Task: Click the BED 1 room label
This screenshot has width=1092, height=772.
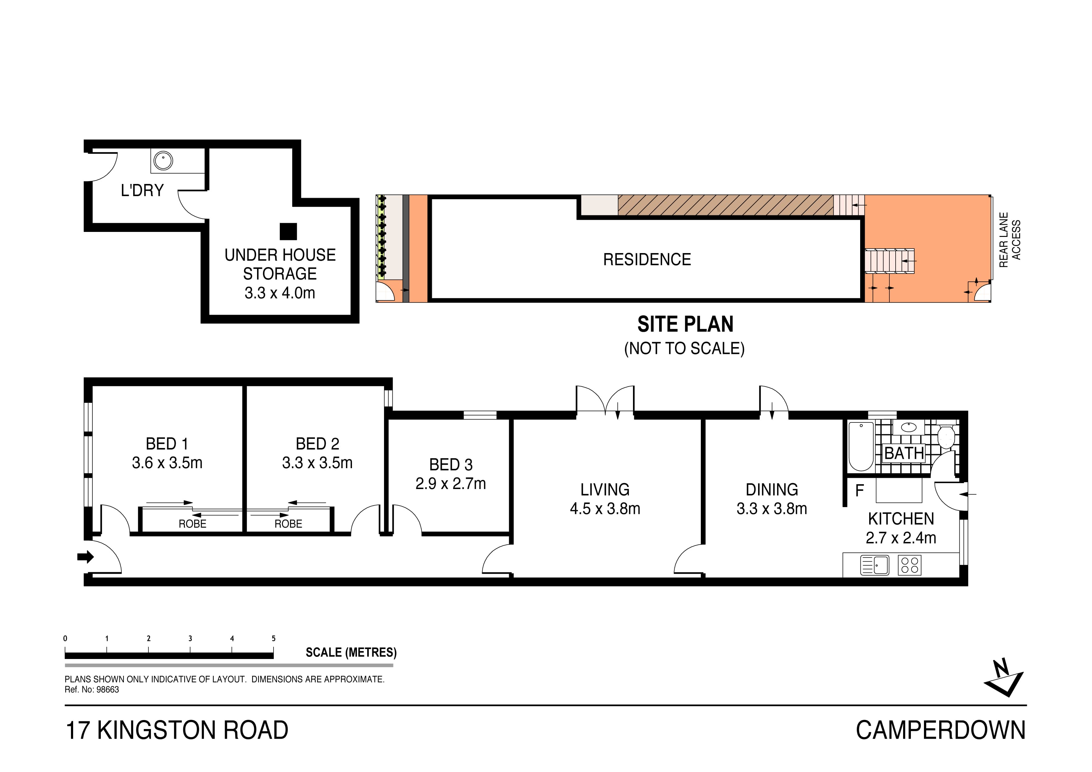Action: coord(167,444)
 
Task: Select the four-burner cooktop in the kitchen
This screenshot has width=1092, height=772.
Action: coord(909,566)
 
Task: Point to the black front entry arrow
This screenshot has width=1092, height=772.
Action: coord(86,557)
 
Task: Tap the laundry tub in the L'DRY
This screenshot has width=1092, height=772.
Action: coord(163,160)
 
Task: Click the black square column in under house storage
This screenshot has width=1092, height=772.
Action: coord(288,232)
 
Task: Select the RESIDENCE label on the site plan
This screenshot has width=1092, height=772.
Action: coord(647,260)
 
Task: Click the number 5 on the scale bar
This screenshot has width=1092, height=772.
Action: coord(274,638)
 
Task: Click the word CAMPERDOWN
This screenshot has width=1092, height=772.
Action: coord(940,730)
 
